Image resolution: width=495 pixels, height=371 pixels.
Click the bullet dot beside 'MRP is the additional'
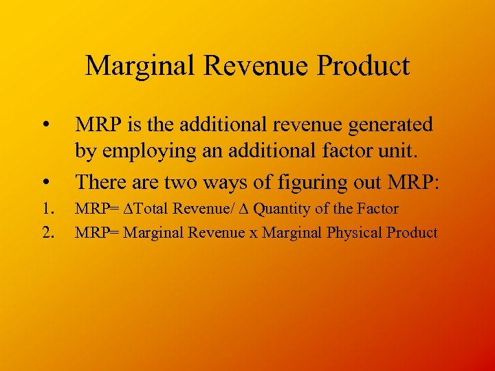pos(45,125)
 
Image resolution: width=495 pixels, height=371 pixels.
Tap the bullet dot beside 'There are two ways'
pos(45,181)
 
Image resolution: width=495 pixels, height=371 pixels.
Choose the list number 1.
pos(47,208)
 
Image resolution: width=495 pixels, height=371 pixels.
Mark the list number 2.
pos(47,232)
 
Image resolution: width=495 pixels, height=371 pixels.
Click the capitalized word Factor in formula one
pos(377,208)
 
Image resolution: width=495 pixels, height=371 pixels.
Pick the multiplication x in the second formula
pos(253,233)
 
